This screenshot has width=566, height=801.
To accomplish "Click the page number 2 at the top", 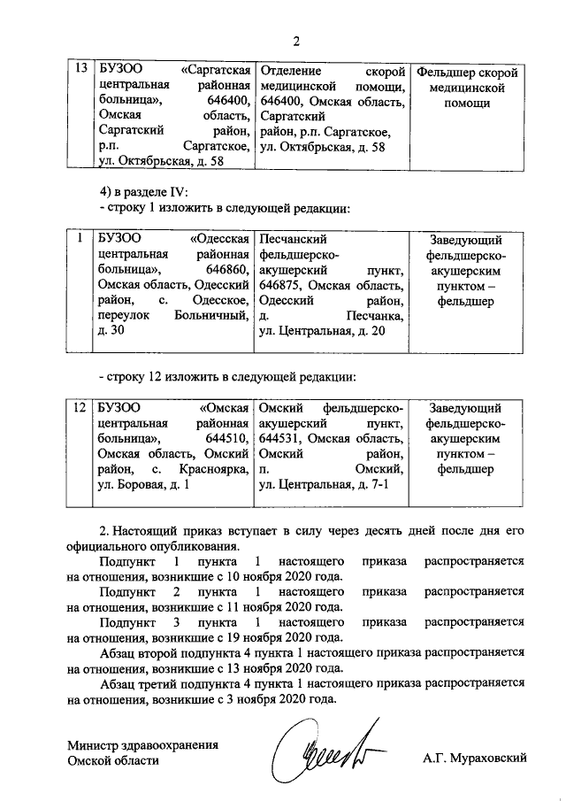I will (297, 40).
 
